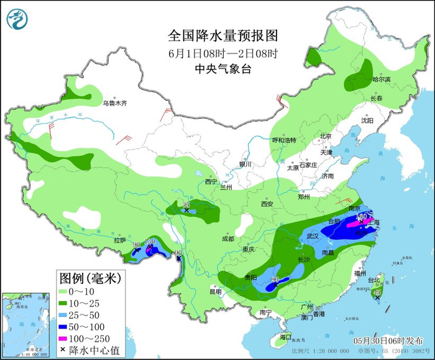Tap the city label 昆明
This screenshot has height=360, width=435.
[x=215, y=291]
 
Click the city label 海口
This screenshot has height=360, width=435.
[x=285, y=336]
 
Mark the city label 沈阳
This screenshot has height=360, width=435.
[x=367, y=121]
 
